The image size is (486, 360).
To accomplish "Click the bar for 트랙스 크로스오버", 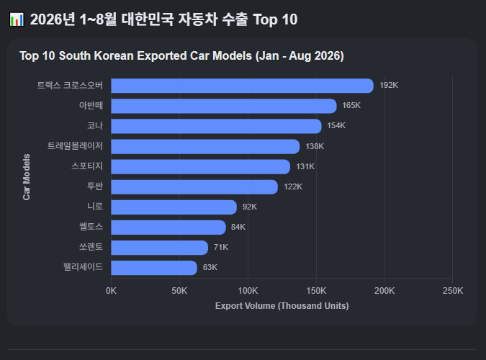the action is pos(243,86).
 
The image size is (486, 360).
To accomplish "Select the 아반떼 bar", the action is pos(224,106).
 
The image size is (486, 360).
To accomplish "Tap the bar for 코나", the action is pos(216,126).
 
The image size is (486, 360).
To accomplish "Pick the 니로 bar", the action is pos(174,207).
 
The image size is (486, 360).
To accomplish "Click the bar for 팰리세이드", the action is pos(154,268).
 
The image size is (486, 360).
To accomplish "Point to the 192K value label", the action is pos(389,85).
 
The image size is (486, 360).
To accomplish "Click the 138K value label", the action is pos(315,146).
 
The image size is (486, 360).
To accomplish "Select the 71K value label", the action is pos(221,247).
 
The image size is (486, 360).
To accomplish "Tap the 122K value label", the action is pos(293,186).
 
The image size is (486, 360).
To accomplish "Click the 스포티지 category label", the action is pos(87,166).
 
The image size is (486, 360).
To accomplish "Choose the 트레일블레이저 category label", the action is pos(75,145).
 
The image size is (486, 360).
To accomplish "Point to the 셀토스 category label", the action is pos(91,226).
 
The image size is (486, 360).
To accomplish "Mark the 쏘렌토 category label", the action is pos(91,246).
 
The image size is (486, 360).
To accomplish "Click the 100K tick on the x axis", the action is pos(248,291).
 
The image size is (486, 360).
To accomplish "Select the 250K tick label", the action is pos(453,291).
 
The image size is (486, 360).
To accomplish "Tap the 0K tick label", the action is pos(111,291).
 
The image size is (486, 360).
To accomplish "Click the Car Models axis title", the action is pos(27,177).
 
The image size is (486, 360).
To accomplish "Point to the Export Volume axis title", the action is pos(282,306).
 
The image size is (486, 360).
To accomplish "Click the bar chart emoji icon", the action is pos(17,19).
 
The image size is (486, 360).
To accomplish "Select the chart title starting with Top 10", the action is pos(181,56).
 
